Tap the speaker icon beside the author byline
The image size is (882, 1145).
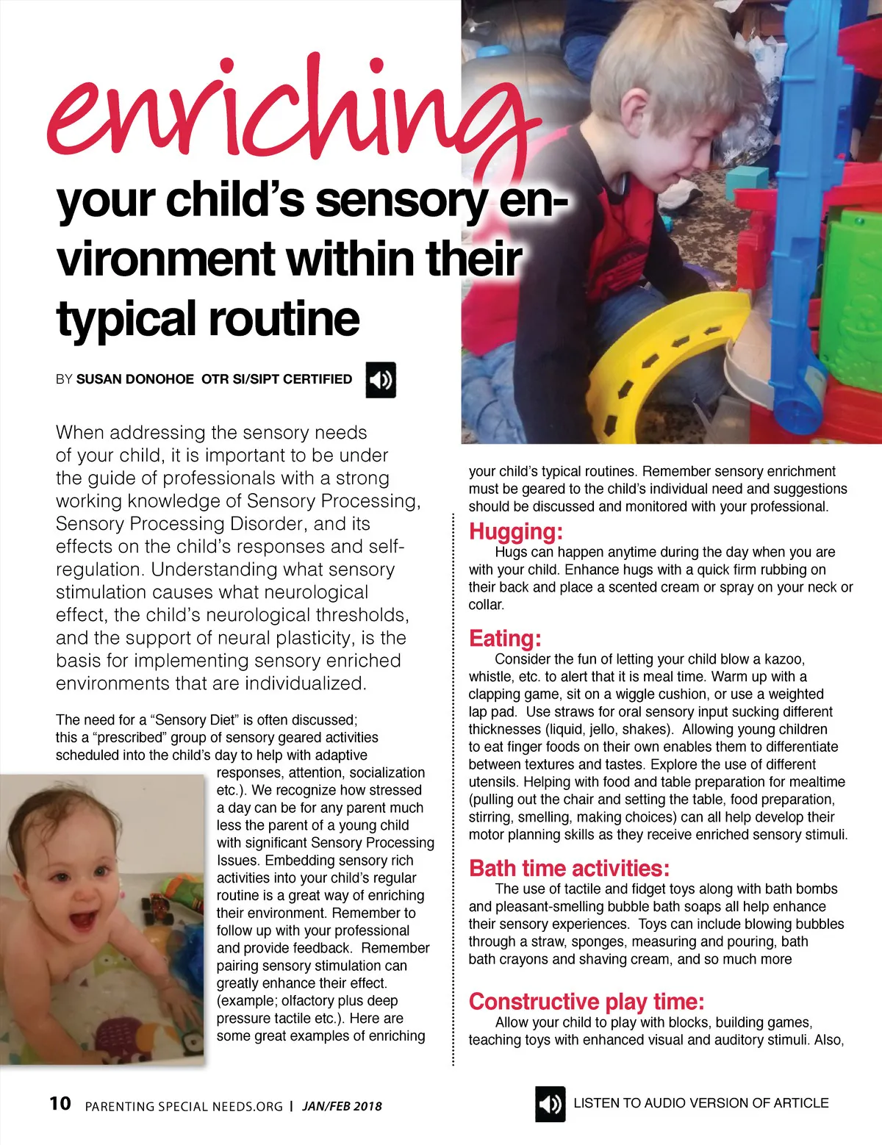tap(381, 380)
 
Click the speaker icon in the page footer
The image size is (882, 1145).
tap(550, 1104)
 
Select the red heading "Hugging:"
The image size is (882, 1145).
tap(516, 531)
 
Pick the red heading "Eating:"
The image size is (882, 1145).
tap(505, 638)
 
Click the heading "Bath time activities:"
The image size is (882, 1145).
tap(569, 868)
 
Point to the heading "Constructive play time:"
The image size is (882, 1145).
tap(587, 1002)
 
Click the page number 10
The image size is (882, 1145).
tap(60, 1104)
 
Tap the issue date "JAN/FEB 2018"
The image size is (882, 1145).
tap(342, 1106)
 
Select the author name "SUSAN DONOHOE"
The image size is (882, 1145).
tap(135, 379)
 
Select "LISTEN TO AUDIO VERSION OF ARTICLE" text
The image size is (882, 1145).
tap(700, 1103)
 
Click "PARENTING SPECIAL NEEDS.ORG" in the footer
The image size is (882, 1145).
tap(184, 1107)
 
